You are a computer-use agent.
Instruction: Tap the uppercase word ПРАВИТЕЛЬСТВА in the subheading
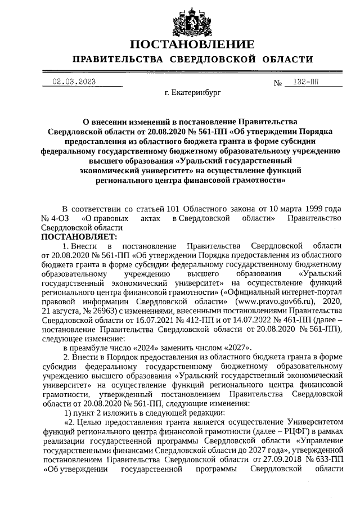click(x=112, y=60)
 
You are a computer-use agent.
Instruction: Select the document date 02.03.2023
click(x=74, y=82)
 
